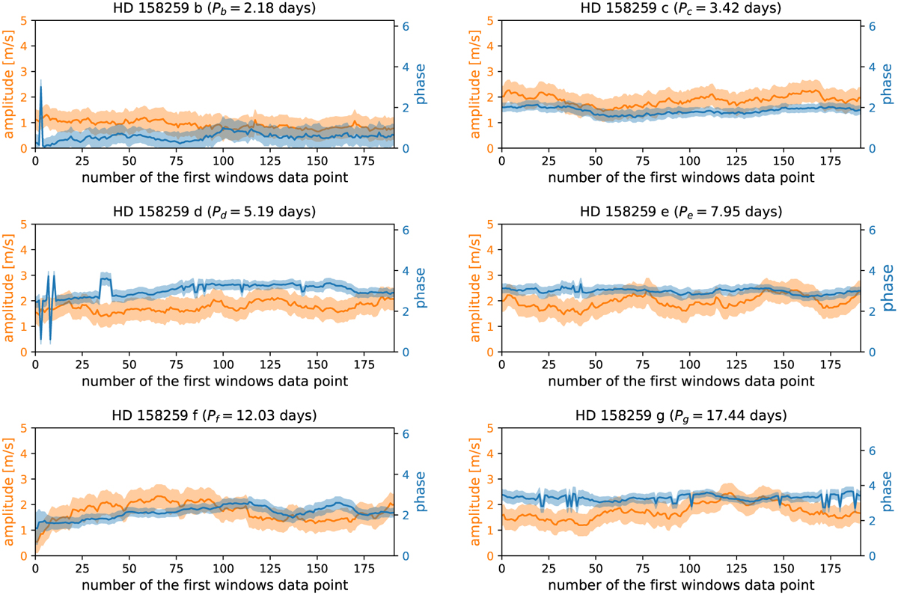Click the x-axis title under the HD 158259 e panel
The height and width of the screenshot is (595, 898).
click(x=680, y=380)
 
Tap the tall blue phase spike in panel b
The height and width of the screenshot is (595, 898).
click(x=40, y=88)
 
